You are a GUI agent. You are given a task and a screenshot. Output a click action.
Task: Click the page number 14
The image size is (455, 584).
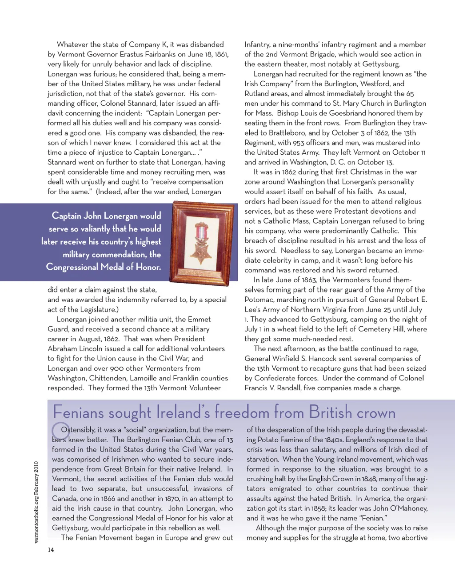pyautogui.click(x=51, y=550)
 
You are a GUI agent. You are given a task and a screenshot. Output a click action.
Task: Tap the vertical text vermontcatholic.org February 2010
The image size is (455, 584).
pyautogui.click(x=36, y=502)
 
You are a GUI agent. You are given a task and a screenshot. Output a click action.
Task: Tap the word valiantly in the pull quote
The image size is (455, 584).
pyautogui.click(x=95, y=228)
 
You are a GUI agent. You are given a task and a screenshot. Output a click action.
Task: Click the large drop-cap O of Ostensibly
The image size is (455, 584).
pyautogui.click(x=60, y=430)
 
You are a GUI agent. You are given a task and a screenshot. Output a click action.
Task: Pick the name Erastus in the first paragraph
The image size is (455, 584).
pyautogui.click(x=149, y=54)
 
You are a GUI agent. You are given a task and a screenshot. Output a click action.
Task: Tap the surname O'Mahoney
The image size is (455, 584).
pyautogui.click(x=409, y=508)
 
